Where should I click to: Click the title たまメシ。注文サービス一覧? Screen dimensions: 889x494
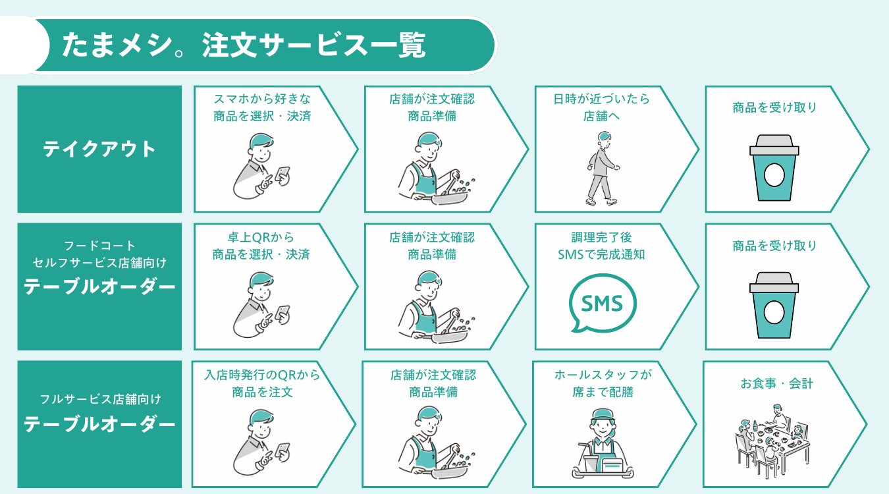tap(244, 45)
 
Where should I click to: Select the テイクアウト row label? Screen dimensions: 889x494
tap(99, 149)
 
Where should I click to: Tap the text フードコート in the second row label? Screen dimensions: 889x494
tap(99, 246)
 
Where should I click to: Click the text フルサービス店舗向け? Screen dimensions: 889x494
tap(99, 399)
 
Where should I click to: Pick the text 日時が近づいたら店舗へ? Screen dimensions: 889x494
tap(601, 107)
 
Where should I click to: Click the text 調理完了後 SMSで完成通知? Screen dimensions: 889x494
tap(601, 246)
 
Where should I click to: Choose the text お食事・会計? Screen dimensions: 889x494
tap(772, 383)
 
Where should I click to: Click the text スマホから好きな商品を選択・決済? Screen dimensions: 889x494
tap(262, 107)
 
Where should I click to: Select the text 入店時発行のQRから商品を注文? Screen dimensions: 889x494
tap(262, 383)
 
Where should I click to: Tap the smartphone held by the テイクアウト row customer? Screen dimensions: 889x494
tap(283, 174)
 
